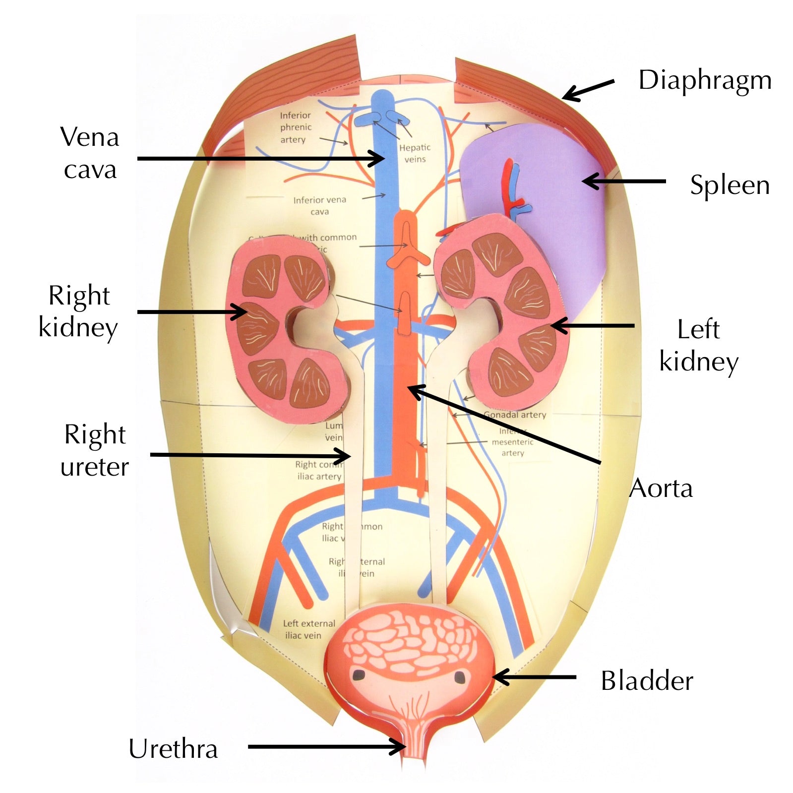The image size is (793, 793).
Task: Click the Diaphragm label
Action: [x=704, y=80]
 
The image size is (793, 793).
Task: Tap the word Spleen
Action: [x=730, y=185]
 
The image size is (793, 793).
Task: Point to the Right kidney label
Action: [x=78, y=311]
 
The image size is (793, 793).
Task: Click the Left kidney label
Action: [x=698, y=345]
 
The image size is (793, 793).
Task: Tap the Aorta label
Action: [x=661, y=488]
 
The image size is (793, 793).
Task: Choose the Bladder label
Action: [x=647, y=680]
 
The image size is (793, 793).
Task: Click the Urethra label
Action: [x=173, y=748]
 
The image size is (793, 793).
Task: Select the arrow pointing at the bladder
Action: [x=534, y=677]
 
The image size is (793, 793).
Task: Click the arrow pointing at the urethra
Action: [x=327, y=746]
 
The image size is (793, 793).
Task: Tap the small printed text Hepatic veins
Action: [x=415, y=153]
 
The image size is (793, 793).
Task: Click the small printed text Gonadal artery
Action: [x=515, y=415]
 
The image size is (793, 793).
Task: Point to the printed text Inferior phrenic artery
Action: [x=296, y=127]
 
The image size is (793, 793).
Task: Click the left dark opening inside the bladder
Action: [x=358, y=674]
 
